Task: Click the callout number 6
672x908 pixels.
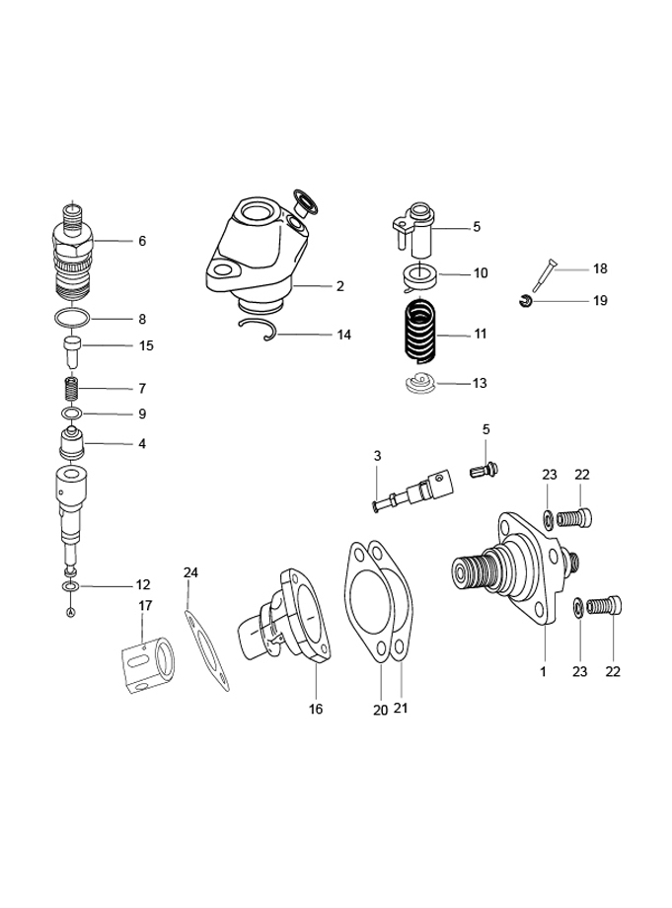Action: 142,241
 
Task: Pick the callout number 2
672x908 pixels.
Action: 339,287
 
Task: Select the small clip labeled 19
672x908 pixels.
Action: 527,300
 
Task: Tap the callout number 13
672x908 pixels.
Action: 480,382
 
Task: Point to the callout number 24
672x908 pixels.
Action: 190,572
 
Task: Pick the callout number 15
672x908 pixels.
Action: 146,345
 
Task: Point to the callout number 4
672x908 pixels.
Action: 142,444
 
